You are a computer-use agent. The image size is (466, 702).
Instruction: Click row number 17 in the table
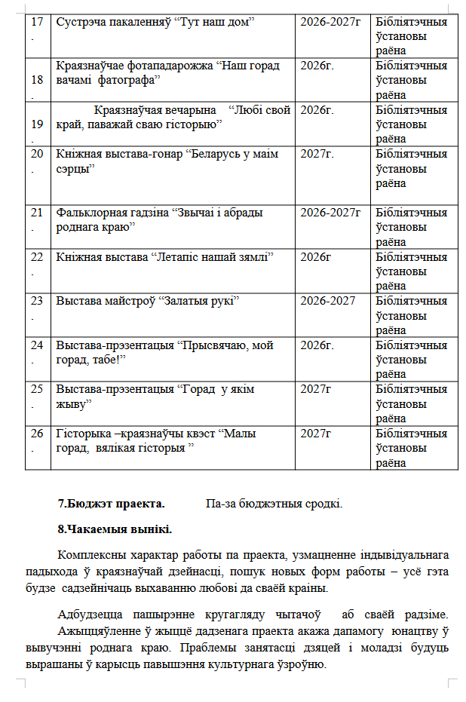[x=37, y=21]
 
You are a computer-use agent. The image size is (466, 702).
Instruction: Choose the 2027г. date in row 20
[x=317, y=154]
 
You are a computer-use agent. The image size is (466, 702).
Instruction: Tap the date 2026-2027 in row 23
[x=327, y=301]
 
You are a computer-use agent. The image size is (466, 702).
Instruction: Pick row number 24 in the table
[x=37, y=345]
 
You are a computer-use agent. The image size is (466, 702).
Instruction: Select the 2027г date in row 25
[x=316, y=389]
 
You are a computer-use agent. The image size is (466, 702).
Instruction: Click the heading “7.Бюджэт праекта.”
[x=111, y=504]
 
